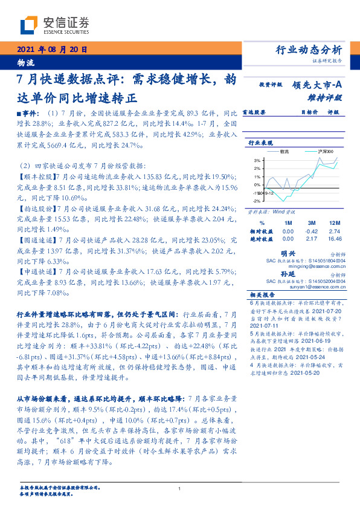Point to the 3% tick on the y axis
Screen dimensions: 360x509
(x=257, y=160)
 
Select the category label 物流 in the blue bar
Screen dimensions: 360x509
(x=25, y=63)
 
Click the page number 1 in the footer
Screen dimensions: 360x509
(x=179, y=488)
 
